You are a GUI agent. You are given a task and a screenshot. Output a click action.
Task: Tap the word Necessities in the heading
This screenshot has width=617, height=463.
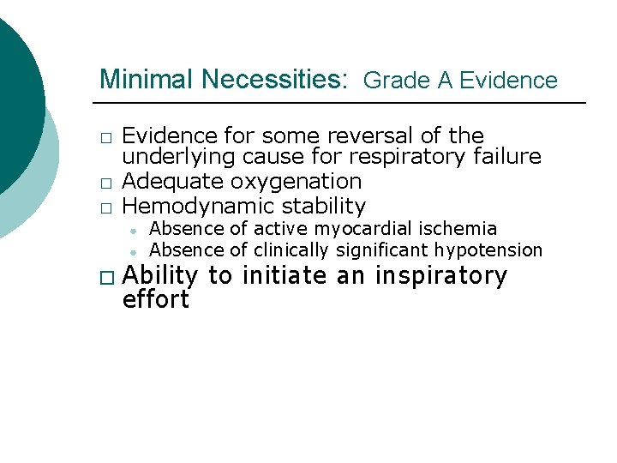coord(271,80)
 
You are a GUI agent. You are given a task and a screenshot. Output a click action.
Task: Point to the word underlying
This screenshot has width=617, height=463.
coord(177,157)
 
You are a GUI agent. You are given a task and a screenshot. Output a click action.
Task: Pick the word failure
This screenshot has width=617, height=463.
coord(506,157)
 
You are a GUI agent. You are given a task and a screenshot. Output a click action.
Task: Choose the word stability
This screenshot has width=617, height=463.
coord(319,206)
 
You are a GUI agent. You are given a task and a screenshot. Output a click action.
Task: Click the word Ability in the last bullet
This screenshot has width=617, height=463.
coord(159,276)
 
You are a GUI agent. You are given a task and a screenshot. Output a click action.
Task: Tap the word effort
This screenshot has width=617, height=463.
coord(156,299)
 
